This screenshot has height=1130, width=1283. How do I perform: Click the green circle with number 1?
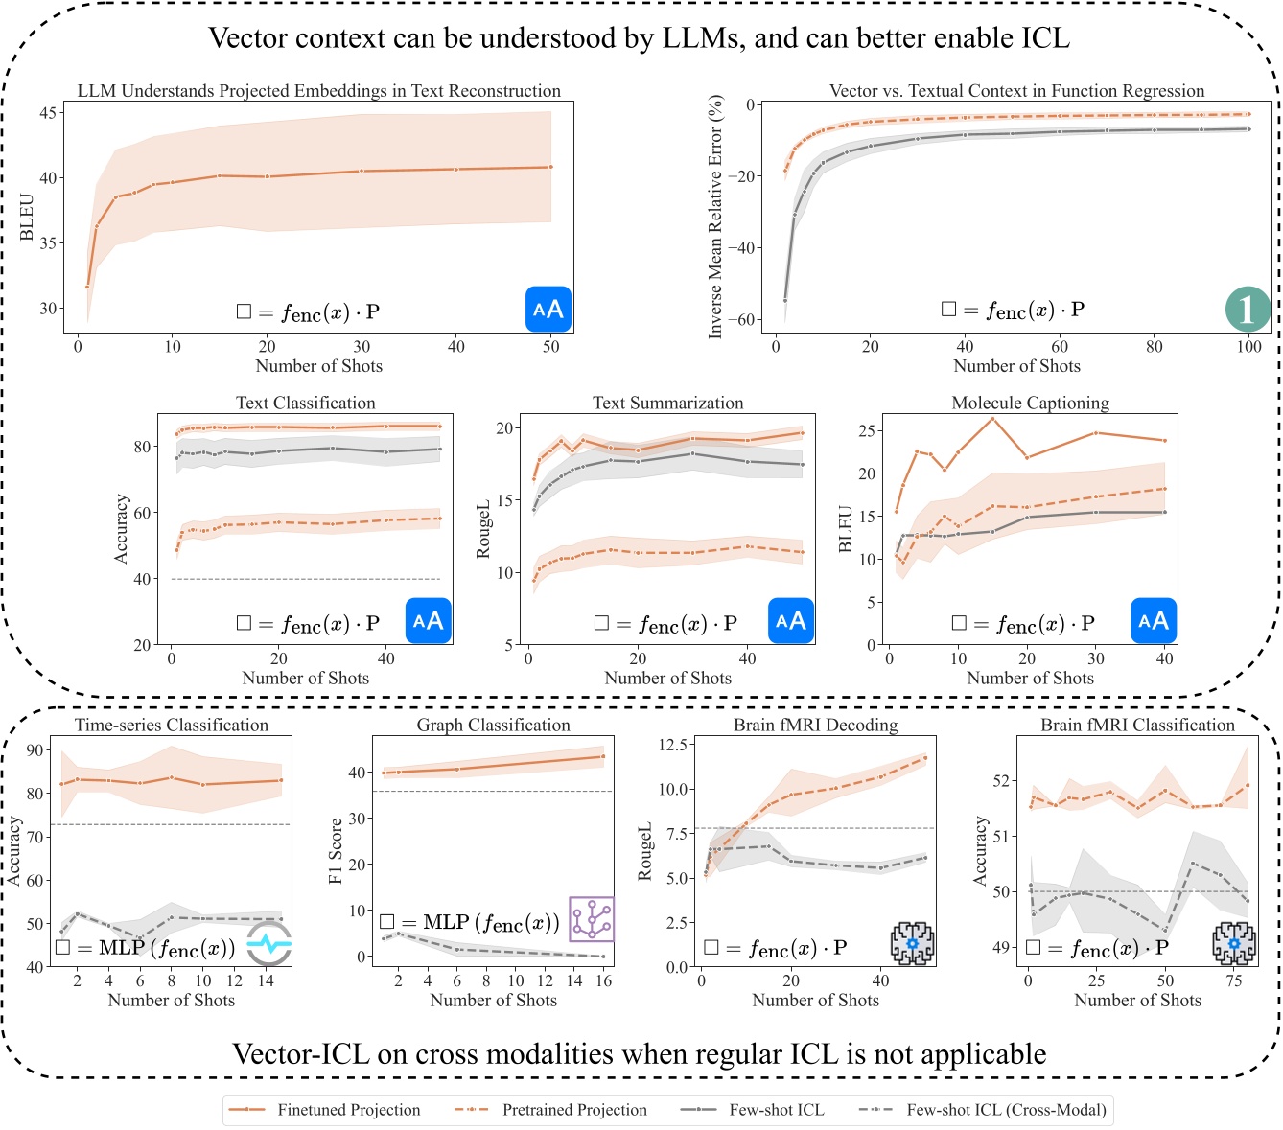tap(1248, 310)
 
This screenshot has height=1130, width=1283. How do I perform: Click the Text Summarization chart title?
tap(667, 403)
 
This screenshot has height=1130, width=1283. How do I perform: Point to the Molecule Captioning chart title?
tap(1030, 403)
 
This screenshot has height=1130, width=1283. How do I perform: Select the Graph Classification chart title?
tap(493, 725)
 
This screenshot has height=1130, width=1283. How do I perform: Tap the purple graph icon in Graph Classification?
tap(592, 920)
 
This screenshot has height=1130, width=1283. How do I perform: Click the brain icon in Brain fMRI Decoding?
tap(912, 944)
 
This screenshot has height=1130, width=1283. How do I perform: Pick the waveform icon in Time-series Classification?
tap(269, 944)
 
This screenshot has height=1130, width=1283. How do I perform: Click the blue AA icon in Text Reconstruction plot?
tap(548, 310)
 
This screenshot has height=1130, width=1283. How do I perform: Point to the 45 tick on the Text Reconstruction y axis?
tap(48, 112)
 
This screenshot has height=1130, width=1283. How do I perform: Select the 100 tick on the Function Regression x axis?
tap(1248, 346)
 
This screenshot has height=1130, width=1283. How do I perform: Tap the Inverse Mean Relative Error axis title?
tap(715, 216)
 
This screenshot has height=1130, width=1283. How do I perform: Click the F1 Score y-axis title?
tap(336, 851)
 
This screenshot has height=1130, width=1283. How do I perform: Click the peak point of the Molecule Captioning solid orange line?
tap(992, 419)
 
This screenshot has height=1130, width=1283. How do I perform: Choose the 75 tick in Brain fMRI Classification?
tap(1234, 980)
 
